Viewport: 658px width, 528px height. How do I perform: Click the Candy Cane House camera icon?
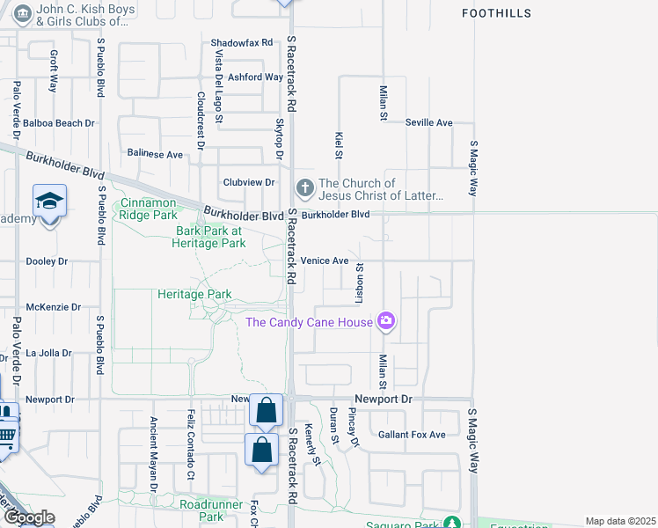385,321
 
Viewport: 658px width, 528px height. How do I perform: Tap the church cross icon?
304,187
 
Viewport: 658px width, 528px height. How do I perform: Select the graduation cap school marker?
50,202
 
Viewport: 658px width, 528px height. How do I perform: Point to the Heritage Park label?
194,294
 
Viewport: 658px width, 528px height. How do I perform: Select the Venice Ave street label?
325,260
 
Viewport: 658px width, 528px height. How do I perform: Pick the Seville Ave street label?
428,122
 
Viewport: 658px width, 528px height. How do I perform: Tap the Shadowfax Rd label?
242,42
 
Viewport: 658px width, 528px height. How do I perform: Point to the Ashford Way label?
255,77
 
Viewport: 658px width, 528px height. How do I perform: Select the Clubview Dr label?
248,182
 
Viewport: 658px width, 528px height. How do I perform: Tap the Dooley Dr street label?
48,261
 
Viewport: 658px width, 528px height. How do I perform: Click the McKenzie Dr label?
54,307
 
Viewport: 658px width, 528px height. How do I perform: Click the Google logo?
29,517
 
